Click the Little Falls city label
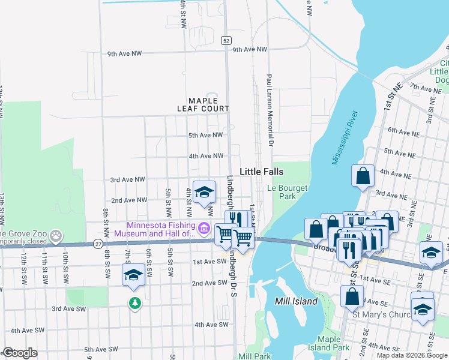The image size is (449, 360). point(261,172)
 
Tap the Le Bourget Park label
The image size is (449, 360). point(287,192)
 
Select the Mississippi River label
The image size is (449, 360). point(345,137)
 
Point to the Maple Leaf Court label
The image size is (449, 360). point(203,104)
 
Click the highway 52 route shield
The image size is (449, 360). point(225,40)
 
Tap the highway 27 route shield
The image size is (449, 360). point(98,243)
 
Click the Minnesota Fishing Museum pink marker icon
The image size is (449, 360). point(203,228)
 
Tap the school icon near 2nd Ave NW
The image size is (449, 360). point(204,191)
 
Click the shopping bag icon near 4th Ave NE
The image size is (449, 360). point(363,176)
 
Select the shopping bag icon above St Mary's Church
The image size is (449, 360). point(352,296)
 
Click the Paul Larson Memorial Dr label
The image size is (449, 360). point(270,112)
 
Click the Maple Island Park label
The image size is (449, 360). point(333,343)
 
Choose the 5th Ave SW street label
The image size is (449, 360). point(101,349)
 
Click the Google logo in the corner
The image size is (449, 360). point(20,353)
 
